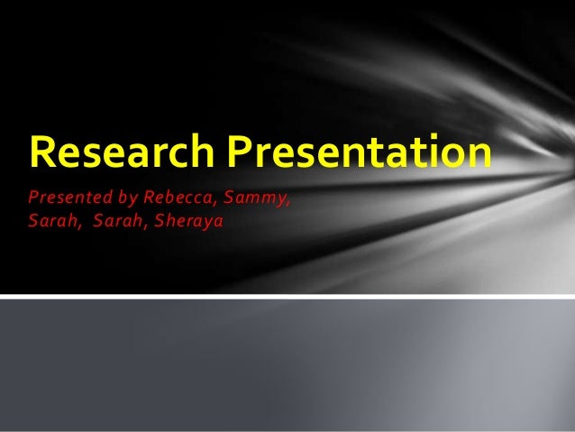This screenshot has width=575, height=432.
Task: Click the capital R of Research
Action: pyautogui.click(x=41, y=152)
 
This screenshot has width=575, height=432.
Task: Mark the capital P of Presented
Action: pyautogui.click(x=32, y=198)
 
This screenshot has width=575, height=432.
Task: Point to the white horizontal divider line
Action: pyautogui.click(x=287, y=296)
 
